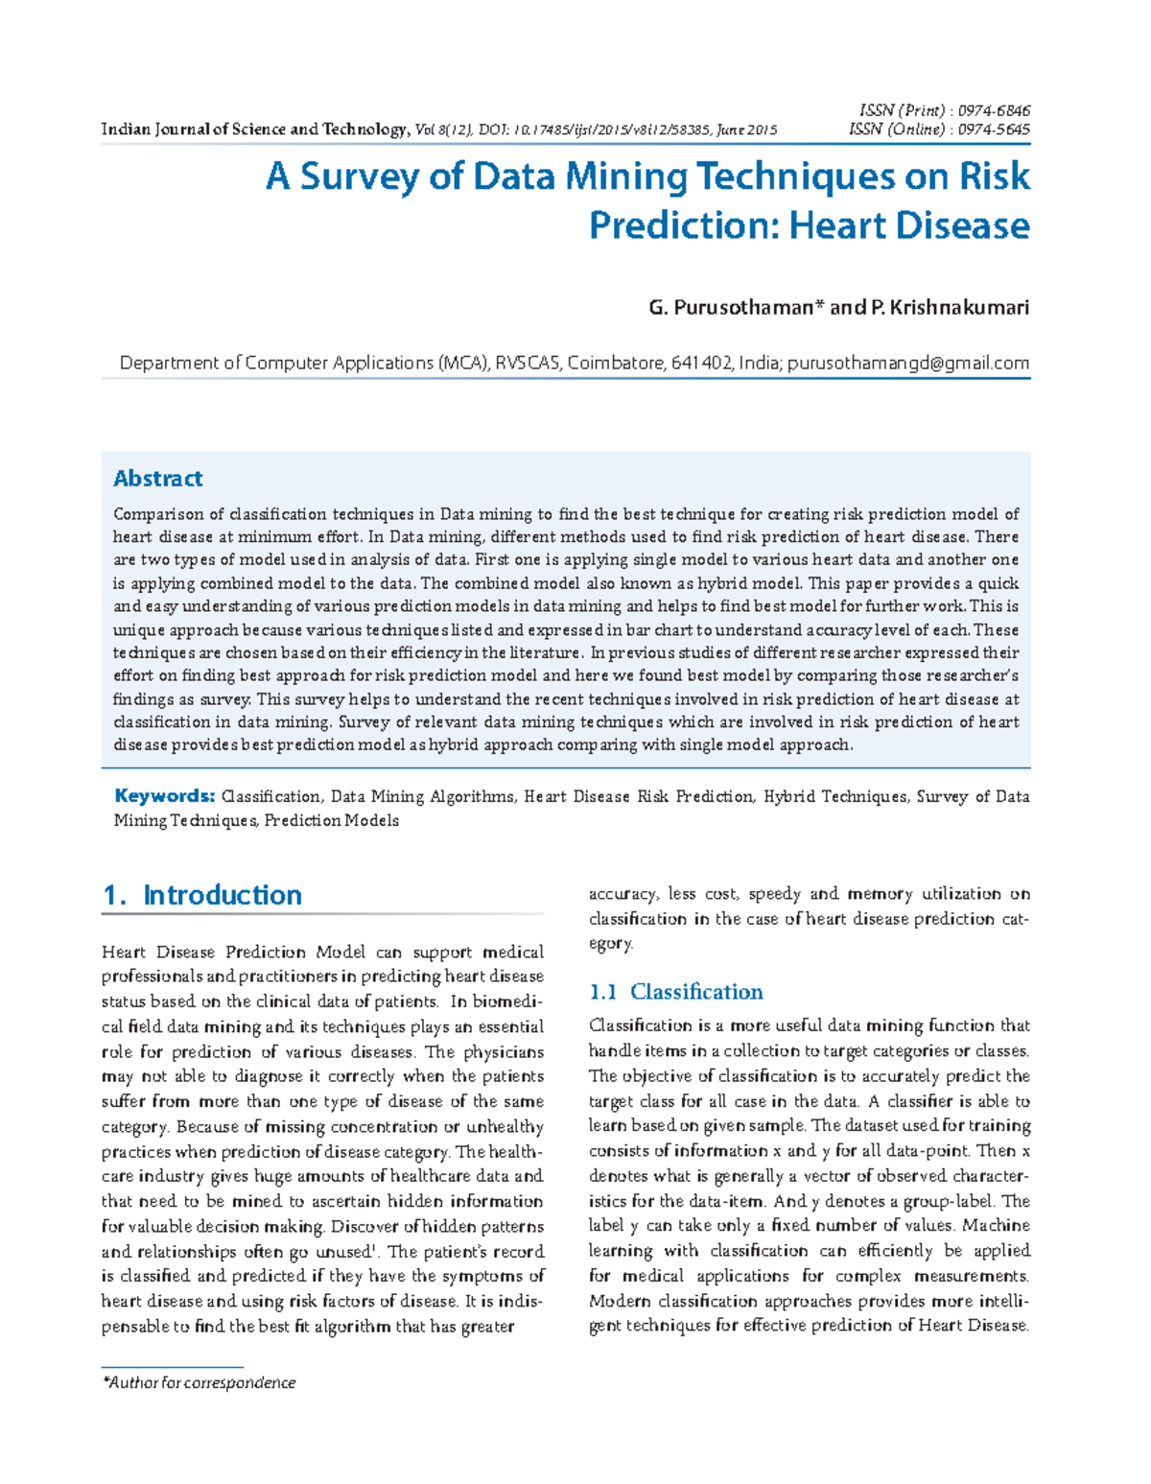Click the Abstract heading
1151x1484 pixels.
pos(157,478)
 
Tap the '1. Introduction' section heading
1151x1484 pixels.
pos(202,895)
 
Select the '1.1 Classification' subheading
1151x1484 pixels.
pos(676,991)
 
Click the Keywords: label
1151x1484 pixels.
pos(164,795)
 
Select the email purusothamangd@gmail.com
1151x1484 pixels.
pos(908,363)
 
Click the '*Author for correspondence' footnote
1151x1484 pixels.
pos(200,1382)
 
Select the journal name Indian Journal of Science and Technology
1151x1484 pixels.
pos(254,130)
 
